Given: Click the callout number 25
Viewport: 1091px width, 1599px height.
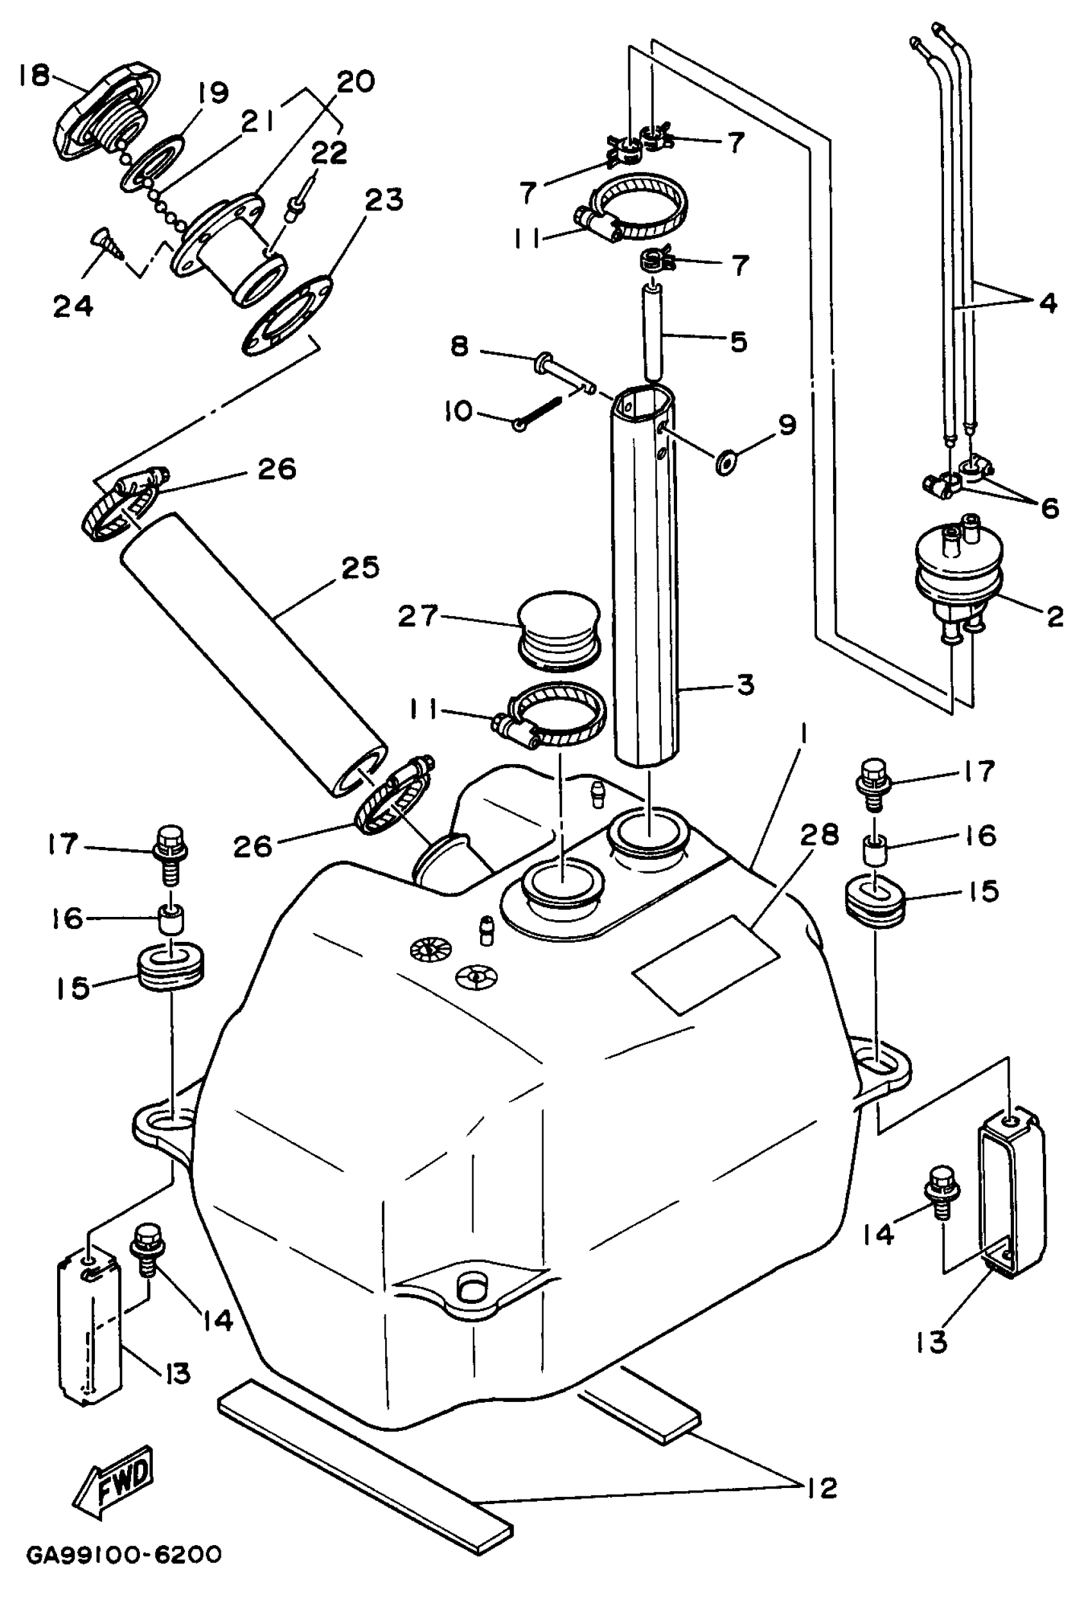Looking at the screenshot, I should coord(360,568).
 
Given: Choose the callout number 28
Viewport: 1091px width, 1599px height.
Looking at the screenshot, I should coord(819,835).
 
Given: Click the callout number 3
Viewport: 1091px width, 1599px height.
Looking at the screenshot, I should coord(746,685).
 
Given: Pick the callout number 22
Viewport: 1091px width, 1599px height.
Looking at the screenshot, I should coord(329,153).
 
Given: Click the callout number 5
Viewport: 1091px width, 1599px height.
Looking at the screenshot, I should coord(739,341).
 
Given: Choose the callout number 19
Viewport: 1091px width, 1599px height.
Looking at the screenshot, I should coord(213,93).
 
